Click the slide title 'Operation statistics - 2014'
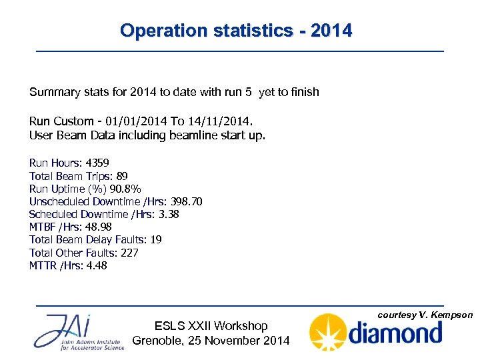coord(236,31)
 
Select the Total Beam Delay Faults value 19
coord(156,239)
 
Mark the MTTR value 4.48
coord(97,265)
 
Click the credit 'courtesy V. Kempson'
coord(425,315)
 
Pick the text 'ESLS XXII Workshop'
coord(211,326)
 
